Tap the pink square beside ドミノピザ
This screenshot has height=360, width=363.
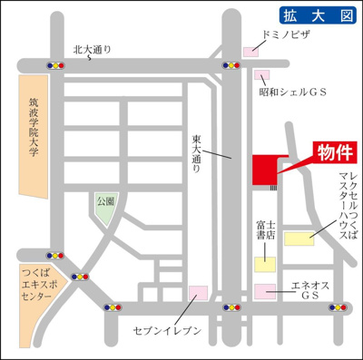coord(250,52)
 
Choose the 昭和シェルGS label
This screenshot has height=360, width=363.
coord(291,93)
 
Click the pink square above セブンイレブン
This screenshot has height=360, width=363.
coord(197,293)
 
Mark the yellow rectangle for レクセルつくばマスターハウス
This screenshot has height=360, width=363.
coord(298,238)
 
